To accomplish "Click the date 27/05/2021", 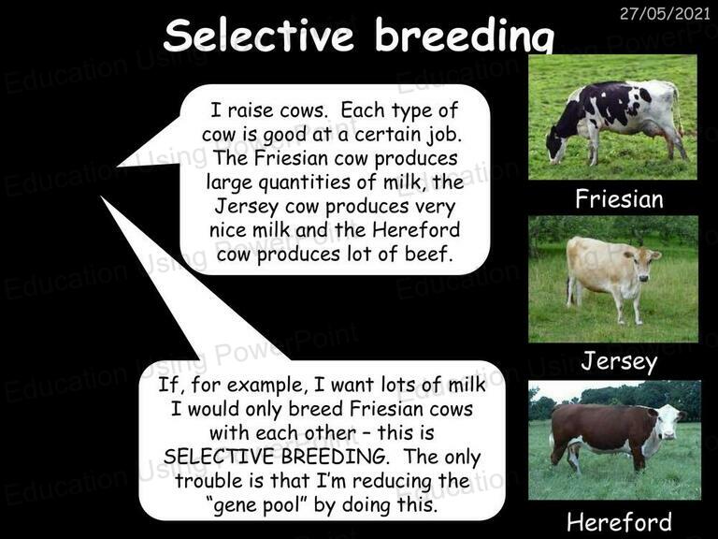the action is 665,14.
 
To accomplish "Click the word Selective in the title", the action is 258,36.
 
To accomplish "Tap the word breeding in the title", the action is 465,36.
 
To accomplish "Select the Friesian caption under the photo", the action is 619,199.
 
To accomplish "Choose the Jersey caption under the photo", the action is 619,361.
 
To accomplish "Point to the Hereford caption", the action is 619,522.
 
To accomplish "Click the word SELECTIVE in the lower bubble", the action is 220,457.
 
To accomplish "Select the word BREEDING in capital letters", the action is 334,457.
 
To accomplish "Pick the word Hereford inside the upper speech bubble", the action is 416,229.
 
